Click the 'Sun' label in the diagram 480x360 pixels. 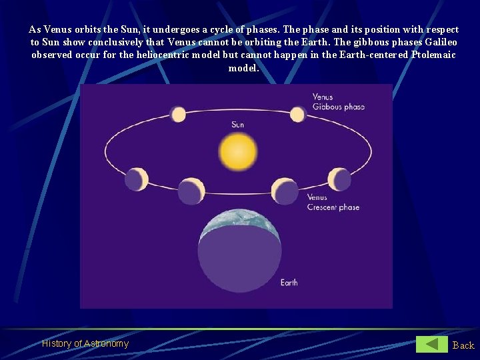tap(238, 125)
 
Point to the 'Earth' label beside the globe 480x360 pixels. tap(289, 283)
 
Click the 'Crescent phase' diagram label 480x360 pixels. tap(333, 207)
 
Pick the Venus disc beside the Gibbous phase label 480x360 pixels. tap(297, 115)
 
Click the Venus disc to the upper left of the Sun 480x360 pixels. tap(178, 115)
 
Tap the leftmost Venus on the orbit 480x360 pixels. tap(136, 179)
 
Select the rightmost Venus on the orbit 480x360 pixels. tap(339, 179)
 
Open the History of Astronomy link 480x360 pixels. tap(85, 343)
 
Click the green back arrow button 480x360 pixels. tap(432, 344)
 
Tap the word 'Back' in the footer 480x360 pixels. tap(463, 345)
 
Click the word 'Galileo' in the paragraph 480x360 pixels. tap(441, 42)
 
